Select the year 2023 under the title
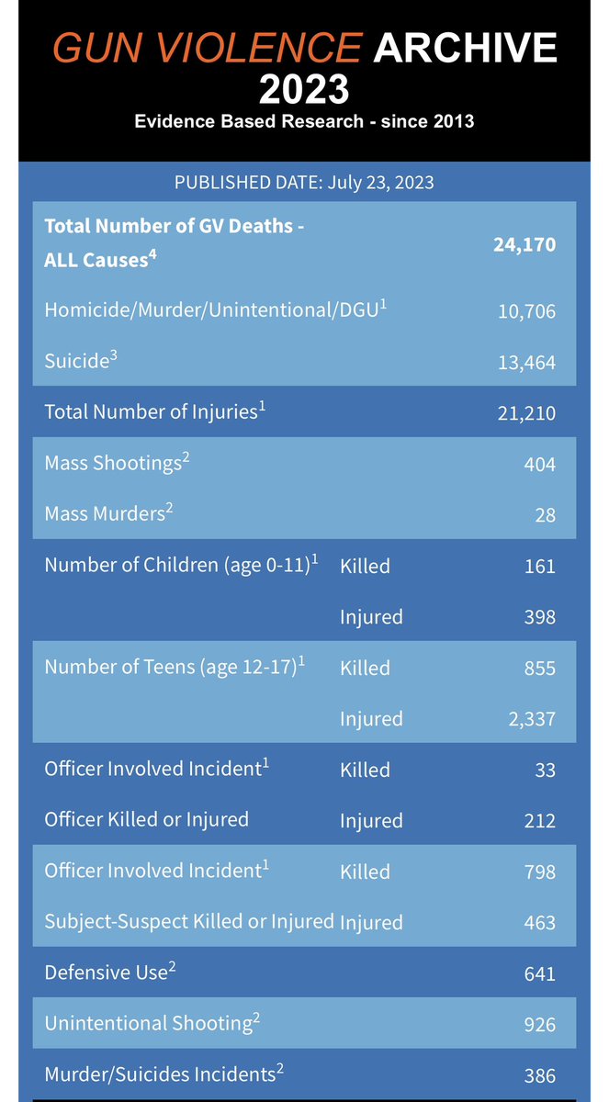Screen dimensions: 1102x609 304,90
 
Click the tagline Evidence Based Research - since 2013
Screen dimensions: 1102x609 304,121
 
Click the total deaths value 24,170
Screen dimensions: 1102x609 524,244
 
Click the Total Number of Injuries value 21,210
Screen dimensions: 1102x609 525,413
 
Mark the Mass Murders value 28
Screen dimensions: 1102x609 545,515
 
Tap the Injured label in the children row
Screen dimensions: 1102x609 371,616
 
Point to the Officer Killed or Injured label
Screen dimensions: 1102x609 147,820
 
